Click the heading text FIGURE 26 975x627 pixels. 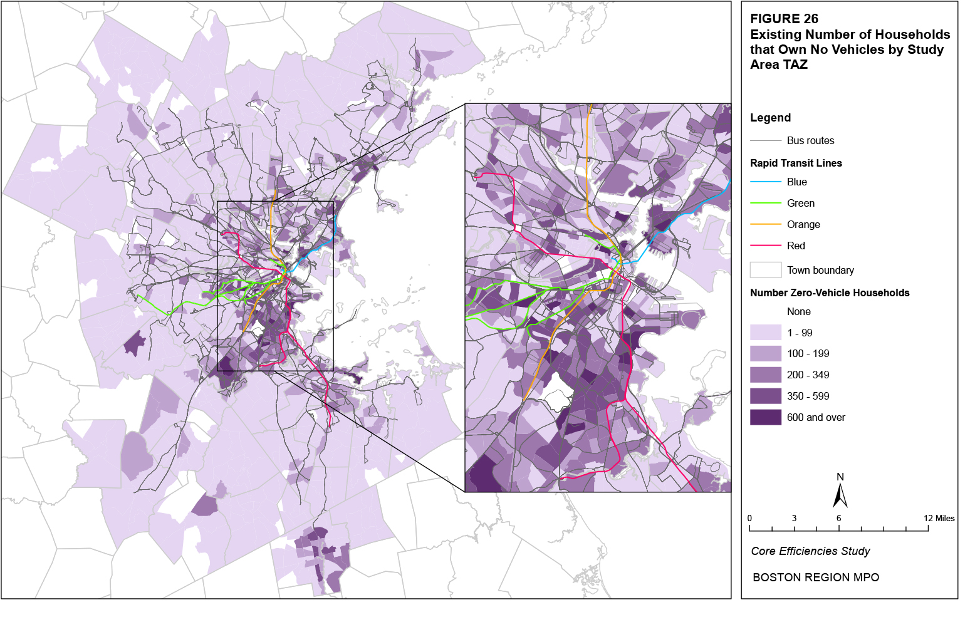[x=784, y=19]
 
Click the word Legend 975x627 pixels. [x=770, y=118]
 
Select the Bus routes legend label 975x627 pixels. [x=810, y=140]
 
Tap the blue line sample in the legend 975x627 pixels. [x=765, y=182]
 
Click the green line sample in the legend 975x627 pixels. [x=765, y=203]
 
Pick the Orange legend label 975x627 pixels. [x=803, y=224]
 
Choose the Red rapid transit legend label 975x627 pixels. [x=796, y=246]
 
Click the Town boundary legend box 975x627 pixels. [x=765, y=270]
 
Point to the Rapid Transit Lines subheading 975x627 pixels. [x=796, y=163]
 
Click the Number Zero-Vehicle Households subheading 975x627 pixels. [x=830, y=293]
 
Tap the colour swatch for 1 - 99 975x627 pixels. [x=765, y=333]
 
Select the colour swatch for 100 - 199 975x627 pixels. [x=765, y=354]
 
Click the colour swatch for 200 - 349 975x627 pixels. [x=765, y=375]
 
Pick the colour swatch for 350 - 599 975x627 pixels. [x=765, y=396]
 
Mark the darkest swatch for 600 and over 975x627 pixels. [x=765, y=417]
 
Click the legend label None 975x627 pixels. [x=798, y=311]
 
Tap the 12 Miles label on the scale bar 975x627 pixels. [x=939, y=518]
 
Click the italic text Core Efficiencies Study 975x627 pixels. [x=810, y=551]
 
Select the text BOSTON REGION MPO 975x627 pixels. [x=815, y=578]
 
